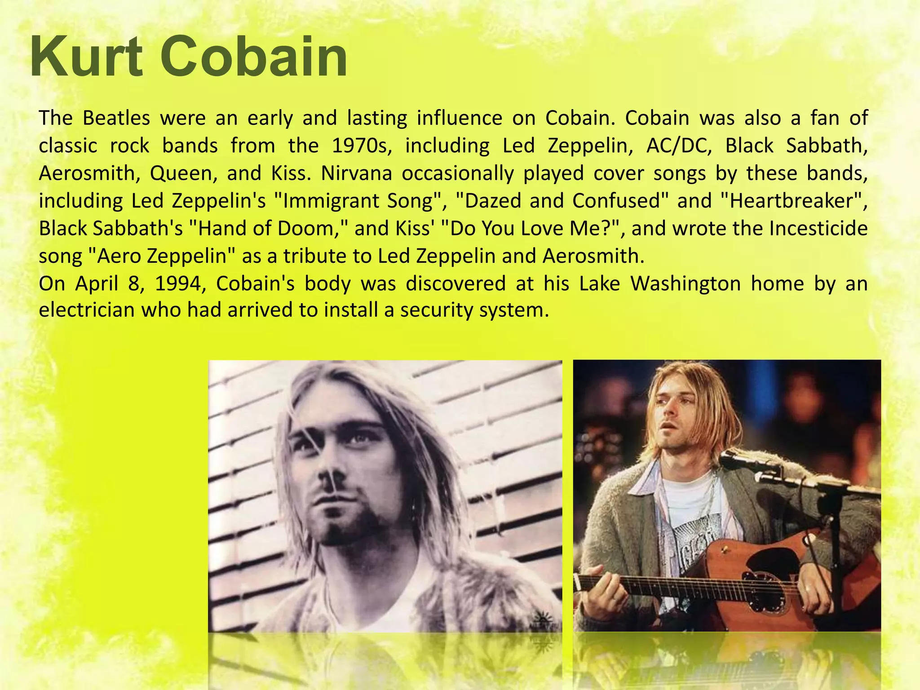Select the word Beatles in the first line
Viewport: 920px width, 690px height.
(116, 118)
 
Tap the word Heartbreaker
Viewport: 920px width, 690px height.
(791, 201)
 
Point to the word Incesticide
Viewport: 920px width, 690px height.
(818, 229)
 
